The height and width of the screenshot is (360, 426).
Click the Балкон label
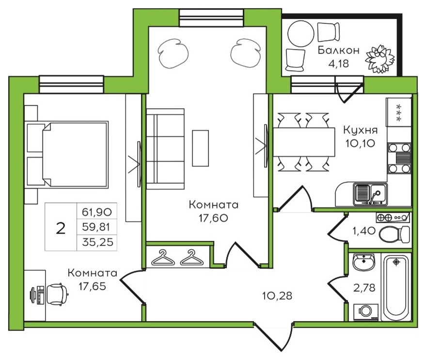338,50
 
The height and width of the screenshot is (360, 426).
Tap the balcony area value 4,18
338,64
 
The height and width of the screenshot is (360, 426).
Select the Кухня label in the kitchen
361,130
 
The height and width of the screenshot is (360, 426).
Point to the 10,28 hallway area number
277,295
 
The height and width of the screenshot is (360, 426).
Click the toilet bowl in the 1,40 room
394,234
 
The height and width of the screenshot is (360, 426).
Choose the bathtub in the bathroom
396,287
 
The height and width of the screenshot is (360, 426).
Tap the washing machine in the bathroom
366,312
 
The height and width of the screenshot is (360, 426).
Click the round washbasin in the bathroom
364,262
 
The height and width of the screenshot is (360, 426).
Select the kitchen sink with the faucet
370,194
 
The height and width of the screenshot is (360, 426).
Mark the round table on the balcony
301,33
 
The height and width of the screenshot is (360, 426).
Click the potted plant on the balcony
380,59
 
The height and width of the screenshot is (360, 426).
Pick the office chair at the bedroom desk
57,294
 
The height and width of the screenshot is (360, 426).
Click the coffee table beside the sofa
201,148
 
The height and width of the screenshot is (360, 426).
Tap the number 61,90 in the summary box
97,212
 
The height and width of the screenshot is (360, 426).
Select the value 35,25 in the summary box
97,242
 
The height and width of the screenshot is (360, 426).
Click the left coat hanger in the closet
163,258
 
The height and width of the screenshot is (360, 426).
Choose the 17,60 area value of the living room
213,218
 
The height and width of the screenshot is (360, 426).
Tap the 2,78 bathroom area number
364,287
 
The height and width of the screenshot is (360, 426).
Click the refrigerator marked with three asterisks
398,112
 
